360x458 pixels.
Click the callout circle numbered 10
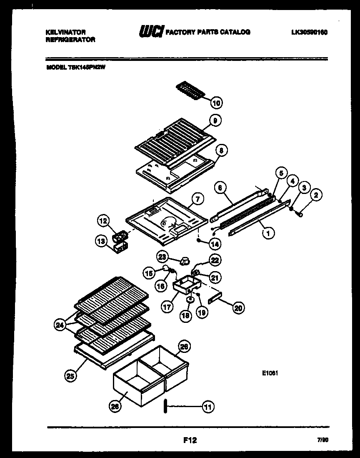pos(216,103)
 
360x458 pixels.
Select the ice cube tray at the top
pos(191,90)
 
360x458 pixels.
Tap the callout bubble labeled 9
pos(215,121)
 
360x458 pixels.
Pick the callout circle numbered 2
pos(317,194)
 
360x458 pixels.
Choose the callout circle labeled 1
pos(268,234)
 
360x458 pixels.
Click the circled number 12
pos(103,220)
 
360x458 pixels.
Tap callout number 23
pos(163,256)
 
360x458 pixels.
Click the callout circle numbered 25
pos(70,376)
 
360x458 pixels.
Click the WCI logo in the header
pos(150,32)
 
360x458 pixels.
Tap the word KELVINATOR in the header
pos(66,32)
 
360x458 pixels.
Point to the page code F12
pos(190,440)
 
